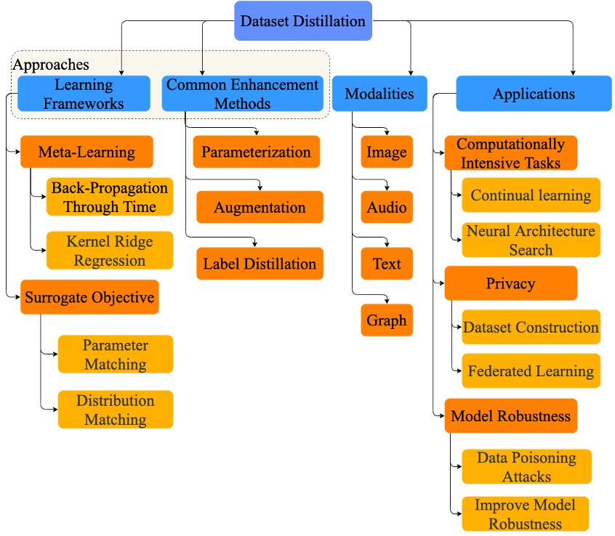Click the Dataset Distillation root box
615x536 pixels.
pos(302,21)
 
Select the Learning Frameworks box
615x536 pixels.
pos(84,94)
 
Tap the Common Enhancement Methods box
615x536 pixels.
pos(242,94)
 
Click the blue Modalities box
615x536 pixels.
pos(379,94)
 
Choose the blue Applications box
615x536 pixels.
pos(534,94)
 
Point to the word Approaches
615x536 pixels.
pos(51,65)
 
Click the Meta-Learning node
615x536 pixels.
pos(87,153)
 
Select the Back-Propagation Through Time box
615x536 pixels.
pos(110,197)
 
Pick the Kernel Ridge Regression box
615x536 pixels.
pos(110,251)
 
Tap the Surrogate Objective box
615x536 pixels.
pos(89,297)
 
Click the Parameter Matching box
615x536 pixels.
pos(115,354)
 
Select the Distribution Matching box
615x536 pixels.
pos(115,410)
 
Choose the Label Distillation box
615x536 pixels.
pos(260,264)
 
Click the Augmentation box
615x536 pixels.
pos(260,208)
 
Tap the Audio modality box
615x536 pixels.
pos(387,208)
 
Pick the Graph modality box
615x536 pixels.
pos(387,320)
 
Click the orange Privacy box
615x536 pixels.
pos(510,283)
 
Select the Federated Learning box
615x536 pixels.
pos(531,371)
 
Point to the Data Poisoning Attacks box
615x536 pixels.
pos(526,467)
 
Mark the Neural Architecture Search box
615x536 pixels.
pos(531,240)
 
